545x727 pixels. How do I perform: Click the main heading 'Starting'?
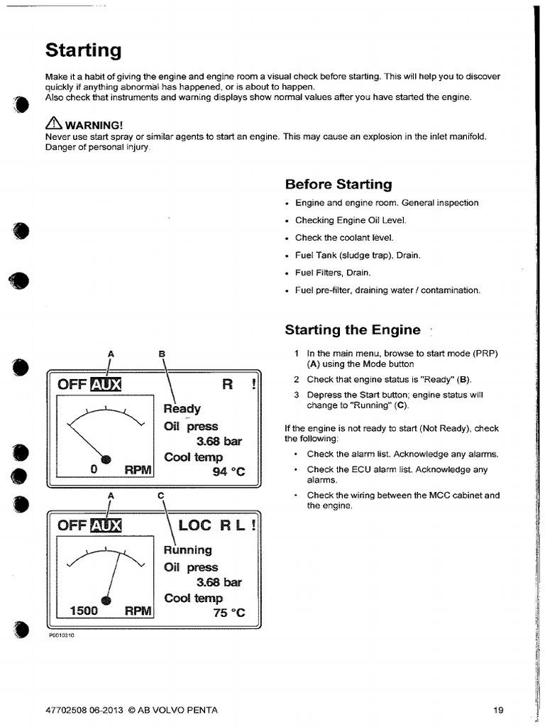tap(83, 50)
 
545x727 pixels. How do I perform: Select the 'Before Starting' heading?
tap(338, 185)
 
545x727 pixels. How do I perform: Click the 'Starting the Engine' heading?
tap(353, 330)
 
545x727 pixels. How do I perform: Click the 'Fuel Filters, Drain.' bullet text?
tap(332, 273)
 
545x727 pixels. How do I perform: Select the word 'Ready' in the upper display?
tap(182, 409)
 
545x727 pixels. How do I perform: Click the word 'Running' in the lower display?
tap(187, 550)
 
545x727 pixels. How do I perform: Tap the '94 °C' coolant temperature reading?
tap(229, 471)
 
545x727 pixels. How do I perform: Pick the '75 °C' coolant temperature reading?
tap(229, 613)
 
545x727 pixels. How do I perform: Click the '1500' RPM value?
tap(84, 611)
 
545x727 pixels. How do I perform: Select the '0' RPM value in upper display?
tap(93, 470)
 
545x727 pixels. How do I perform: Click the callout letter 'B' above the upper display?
tap(161, 353)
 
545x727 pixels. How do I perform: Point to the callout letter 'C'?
tap(161, 495)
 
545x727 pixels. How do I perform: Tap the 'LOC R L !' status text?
tap(216, 526)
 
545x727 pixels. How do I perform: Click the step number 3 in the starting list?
tap(297, 395)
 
